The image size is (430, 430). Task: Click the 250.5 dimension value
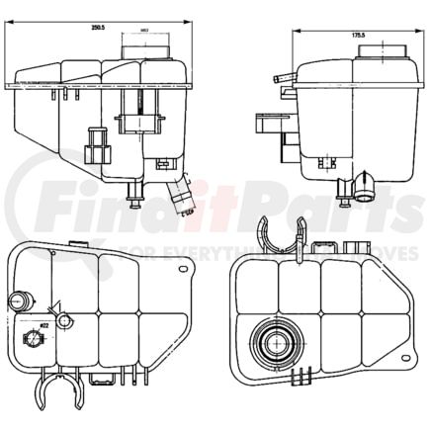point(97,28)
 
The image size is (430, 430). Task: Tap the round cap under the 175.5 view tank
point(370,185)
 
